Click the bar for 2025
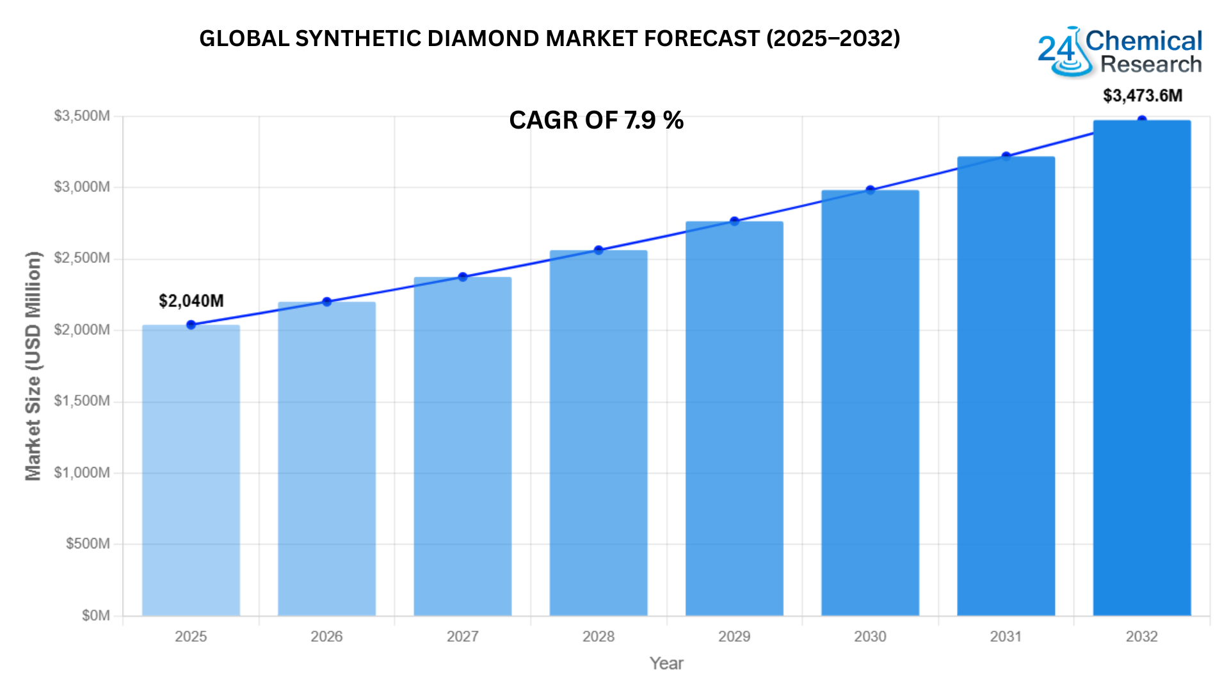click(x=191, y=470)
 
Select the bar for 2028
click(x=598, y=433)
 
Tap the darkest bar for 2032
click(x=1142, y=368)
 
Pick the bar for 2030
click(x=871, y=402)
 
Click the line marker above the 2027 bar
click(x=463, y=277)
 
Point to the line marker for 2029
click(x=735, y=221)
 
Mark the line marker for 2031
click(x=1006, y=157)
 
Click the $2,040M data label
click(x=191, y=301)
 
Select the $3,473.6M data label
click(x=1143, y=96)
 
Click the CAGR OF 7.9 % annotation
click(x=597, y=120)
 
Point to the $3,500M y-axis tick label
click(x=82, y=116)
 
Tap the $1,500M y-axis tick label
click(x=82, y=401)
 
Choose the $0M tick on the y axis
click(x=96, y=616)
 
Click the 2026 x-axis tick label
click(x=326, y=637)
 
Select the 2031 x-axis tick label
click(x=1006, y=637)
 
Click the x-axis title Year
click(x=666, y=663)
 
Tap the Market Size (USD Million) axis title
click(x=33, y=366)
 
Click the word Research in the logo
click(x=1151, y=65)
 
